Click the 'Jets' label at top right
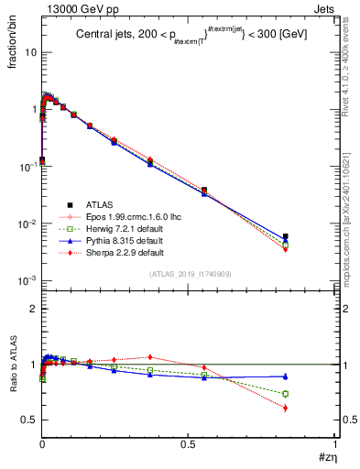click(324, 8)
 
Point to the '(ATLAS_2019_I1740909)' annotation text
click(183, 274)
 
